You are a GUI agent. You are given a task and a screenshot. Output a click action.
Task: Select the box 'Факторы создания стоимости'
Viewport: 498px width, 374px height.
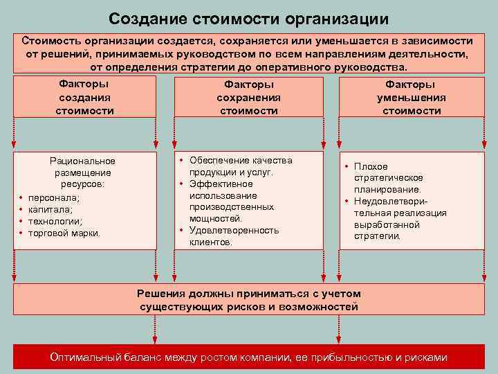tap(84, 97)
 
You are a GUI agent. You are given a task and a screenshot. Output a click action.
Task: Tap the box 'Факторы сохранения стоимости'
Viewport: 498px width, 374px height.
tap(248, 97)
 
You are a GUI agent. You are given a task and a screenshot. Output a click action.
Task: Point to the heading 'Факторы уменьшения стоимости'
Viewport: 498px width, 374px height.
tap(412, 97)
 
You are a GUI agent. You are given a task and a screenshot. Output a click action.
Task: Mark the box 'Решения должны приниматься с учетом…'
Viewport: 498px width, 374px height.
tap(248, 299)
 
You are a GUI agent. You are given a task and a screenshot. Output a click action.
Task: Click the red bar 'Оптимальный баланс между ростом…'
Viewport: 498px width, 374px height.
tap(248, 357)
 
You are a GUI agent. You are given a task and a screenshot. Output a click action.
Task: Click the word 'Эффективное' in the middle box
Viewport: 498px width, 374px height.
tap(221, 184)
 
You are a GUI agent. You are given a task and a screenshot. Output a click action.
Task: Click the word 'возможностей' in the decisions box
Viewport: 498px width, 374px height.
tap(319, 306)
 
